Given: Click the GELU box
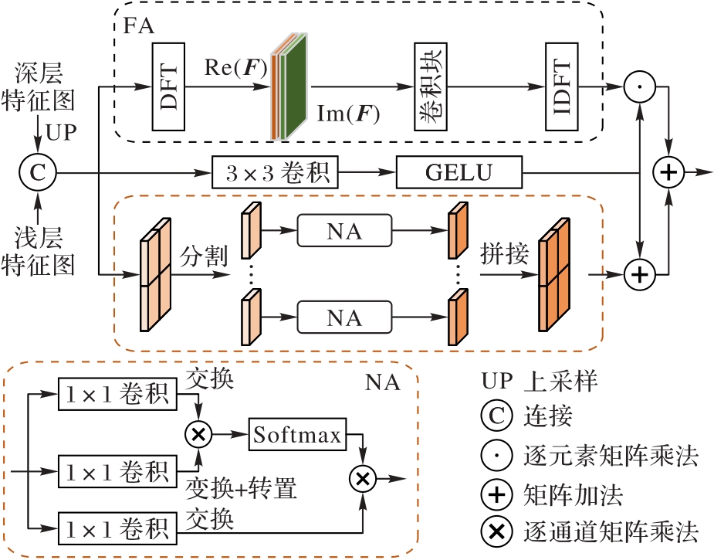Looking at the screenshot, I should tap(459, 173).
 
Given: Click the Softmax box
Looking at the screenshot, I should tap(296, 436).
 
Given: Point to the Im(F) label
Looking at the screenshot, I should tap(349, 114).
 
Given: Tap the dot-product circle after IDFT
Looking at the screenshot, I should tap(638, 88).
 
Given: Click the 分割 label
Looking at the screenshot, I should tap(204, 256).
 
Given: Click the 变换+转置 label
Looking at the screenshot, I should tap(242, 488).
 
